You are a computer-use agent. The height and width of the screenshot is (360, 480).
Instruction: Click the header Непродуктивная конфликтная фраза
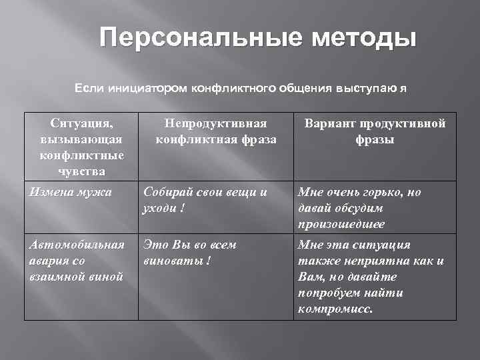pos(216,131)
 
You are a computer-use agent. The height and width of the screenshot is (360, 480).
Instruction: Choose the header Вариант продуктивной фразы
pos(375,131)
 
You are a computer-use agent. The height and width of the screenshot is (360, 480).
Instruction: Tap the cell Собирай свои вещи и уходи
pos(206,199)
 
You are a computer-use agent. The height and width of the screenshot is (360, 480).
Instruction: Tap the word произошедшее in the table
pos(342,224)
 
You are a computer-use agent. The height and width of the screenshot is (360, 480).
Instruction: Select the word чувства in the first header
pos(81,171)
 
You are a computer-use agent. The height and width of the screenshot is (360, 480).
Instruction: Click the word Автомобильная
pos(77,245)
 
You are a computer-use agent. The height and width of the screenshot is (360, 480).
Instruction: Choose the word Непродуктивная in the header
pos(217,123)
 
